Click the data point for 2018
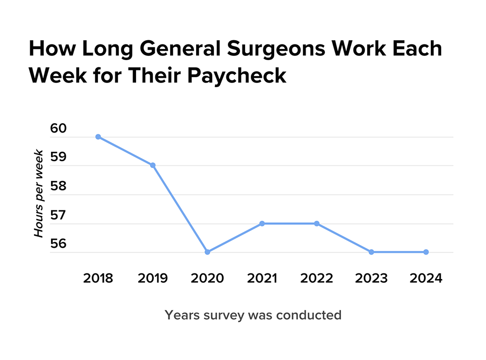pos(98,137)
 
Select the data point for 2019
pos(153,165)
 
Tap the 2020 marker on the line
pos(208,252)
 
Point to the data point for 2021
pos(262,223)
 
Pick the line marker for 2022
pos(317,223)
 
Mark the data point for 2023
pos(371,252)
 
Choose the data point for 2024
pos(426,252)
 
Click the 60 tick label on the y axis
pos(59,128)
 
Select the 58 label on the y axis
pos(59,186)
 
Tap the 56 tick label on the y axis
pos(59,244)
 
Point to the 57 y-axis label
pos(59,215)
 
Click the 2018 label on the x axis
pos(98,278)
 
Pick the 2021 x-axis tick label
pos(262,278)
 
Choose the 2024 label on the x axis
pos(426,278)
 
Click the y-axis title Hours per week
pos(39,193)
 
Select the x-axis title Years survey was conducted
pos(253,315)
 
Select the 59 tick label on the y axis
pos(59,157)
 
